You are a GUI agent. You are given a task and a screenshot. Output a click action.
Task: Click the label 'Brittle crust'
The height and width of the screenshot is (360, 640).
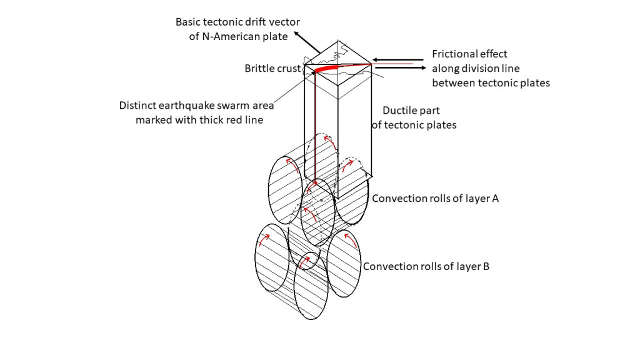click(272, 68)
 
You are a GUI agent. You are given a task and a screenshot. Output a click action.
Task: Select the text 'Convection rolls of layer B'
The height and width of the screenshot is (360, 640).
click(426, 266)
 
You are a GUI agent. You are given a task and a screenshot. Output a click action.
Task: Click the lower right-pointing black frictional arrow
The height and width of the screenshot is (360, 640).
click(400, 67)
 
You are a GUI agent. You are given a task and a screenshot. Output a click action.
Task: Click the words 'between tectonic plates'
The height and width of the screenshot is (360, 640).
click(491, 82)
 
